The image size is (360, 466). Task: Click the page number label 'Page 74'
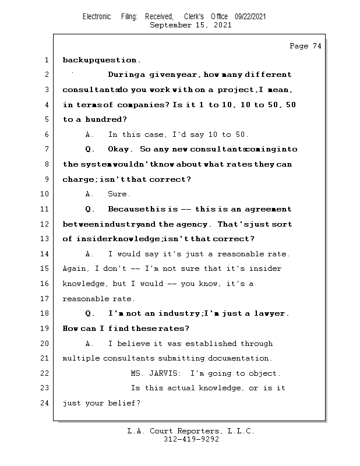(x=305, y=46)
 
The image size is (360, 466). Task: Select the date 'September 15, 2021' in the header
(x=190, y=25)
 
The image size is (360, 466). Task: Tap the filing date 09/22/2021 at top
(x=250, y=17)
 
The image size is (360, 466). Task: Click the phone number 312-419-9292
(x=191, y=440)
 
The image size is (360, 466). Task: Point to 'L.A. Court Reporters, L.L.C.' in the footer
(x=190, y=431)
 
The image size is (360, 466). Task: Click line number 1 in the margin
(x=46, y=60)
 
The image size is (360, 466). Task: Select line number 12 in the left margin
(x=44, y=224)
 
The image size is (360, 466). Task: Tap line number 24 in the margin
(x=44, y=403)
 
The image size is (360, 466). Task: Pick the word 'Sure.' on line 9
(x=119, y=194)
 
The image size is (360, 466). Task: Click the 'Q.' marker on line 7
(x=90, y=150)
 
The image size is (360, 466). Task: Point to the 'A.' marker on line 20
(x=90, y=344)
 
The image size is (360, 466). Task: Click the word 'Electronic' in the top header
(x=97, y=17)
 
